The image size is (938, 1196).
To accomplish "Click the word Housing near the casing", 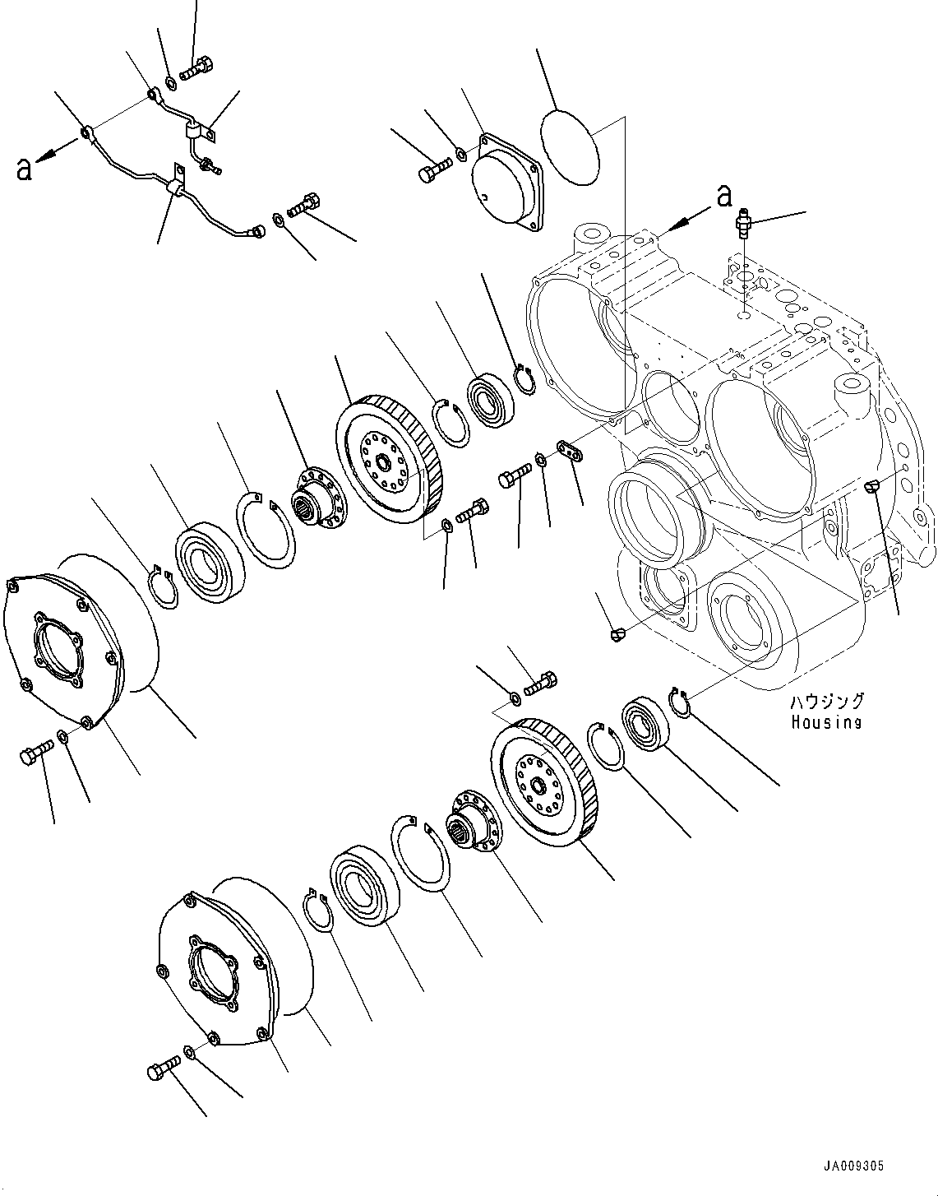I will (x=826, y=723).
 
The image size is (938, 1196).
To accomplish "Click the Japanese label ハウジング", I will (x=827, y=702).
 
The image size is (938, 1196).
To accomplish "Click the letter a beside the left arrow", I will (x=25, y=169).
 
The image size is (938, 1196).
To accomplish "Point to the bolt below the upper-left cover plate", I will (x=35, y=751).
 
